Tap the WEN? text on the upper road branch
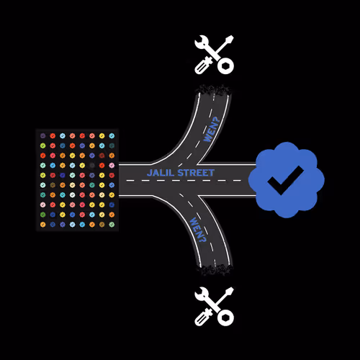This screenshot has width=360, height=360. click(x=212, y=130)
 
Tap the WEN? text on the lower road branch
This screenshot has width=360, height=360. click(x=198, y=230)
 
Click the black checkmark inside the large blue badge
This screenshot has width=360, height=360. click(x=285, y=180)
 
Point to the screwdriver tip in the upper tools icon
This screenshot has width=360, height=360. click(x=229, y=40)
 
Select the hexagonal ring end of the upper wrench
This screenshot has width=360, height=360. click(x=225, y=66)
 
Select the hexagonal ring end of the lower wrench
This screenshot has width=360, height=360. click(x=225, y=318)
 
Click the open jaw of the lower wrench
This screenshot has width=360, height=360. click(x=201, y=293)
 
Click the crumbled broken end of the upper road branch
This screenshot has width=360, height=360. click(x=213, y=90)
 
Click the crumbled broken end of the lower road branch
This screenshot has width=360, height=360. click(x=215, y=269)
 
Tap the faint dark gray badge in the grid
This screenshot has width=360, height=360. click(x=92, y=166)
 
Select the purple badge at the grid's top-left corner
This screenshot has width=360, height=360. click(x=43, y=135)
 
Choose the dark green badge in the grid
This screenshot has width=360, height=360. click(x=43, y=215)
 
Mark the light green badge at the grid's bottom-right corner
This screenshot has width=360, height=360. click(x=112, y=225)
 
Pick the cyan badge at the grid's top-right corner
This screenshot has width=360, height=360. click(x=112, y=135)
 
